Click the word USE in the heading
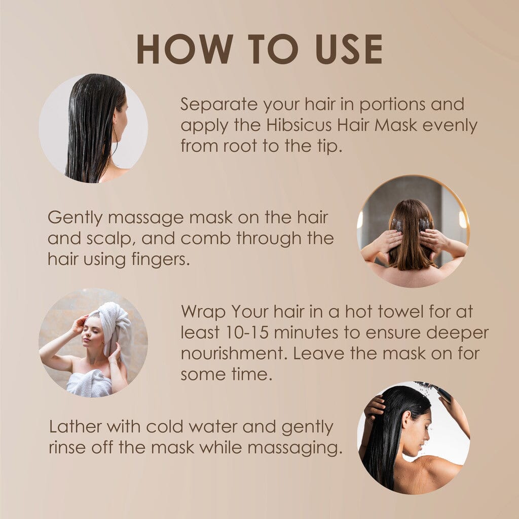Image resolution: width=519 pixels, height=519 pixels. click(349, 49)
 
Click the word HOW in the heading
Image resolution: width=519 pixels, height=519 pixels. click(185, 49)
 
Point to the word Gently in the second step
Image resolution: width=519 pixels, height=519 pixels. click(75, 218)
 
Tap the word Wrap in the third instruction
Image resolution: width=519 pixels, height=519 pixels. click(203, 312)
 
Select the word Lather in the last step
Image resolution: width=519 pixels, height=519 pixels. click(75, 427)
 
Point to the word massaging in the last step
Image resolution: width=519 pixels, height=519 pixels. click(294, 449)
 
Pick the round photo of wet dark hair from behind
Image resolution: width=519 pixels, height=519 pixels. click(93, 128)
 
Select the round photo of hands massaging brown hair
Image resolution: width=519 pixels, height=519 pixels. click(413, 231)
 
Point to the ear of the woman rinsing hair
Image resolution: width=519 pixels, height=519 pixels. click(406, 418)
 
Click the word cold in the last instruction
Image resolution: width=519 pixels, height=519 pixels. click(165, 427)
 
